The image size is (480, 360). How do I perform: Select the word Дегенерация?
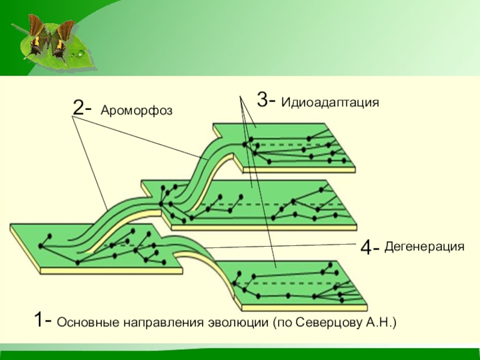point(425,246)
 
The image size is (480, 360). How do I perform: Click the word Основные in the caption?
point(88,323)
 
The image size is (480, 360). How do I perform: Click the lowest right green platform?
point(294,285)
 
